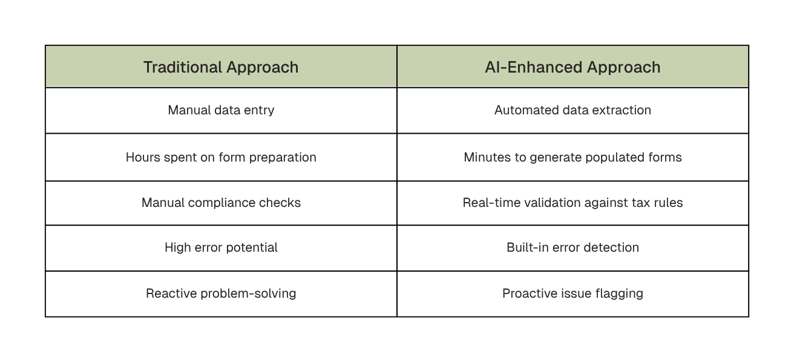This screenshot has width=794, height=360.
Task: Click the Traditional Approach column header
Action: coord(221,67)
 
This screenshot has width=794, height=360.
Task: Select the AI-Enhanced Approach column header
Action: coord(573,67)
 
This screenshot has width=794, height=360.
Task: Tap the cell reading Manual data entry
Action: coord(221,110)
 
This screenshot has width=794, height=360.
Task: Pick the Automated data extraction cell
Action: coord(573,110)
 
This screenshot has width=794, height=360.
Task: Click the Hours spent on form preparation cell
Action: coord(221,157)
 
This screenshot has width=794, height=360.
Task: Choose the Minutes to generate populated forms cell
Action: coord(573,157)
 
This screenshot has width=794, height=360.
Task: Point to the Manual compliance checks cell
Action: coord(221,203)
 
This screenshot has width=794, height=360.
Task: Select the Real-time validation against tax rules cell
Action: coord(573,203)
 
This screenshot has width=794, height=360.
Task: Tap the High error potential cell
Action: coord(221,247)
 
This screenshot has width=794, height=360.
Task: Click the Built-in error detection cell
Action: coord(573,247)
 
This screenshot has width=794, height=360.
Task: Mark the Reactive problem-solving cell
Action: coord(221,293)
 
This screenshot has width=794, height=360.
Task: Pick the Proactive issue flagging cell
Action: coord(573,293)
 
